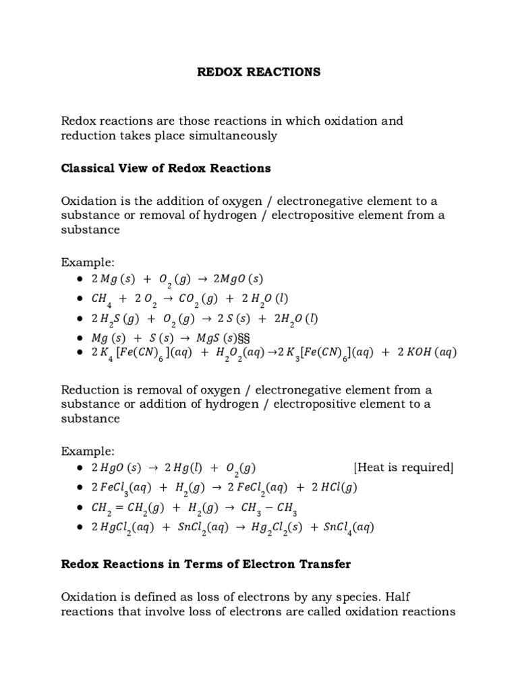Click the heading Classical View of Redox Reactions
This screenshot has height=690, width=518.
(166, 168)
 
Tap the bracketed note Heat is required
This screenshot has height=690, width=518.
(403, 468)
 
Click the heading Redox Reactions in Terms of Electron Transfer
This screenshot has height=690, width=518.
(206, 565)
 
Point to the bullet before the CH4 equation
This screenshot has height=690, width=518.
(80, 299)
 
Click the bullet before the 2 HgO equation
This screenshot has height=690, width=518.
(80, 468)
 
